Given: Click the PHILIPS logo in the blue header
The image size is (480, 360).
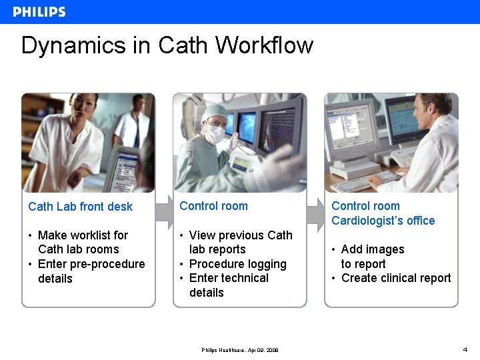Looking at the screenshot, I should click(39, 12).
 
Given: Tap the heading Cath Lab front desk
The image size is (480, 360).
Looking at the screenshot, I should click(81, 207).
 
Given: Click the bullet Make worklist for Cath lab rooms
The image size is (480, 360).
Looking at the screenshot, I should click(82, 242).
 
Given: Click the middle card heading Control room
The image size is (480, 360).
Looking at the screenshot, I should click(213, 206).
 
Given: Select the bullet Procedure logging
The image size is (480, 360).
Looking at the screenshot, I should click(237, 264).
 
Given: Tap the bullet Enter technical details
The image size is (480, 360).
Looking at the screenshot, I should click(228, 285).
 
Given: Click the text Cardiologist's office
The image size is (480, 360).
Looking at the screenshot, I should click(383, 221).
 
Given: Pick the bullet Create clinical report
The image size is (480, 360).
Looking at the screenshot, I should click(395, 278).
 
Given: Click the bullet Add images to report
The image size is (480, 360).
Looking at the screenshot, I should click(371, 257).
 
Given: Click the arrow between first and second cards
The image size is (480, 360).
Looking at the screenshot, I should click(164, 211).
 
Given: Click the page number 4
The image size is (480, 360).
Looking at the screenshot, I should click(465, 349).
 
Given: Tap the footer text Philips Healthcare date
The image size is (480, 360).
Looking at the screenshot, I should click(240, 350).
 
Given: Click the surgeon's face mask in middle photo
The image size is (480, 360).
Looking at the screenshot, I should click(215, 135).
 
